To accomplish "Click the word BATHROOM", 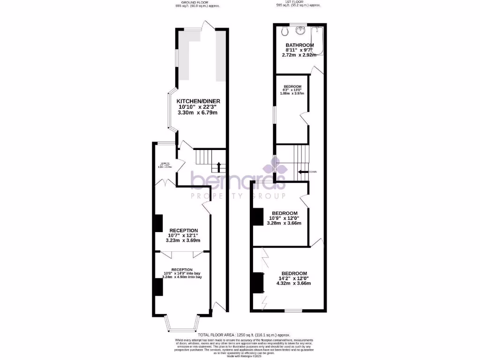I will click(x=300, y=45).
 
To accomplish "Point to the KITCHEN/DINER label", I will click(x=198, y=101).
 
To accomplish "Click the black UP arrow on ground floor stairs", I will click(x=219, y=166).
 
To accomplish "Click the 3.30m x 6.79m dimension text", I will click(x=198, y=112).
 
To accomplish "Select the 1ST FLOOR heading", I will click(x=297, y=2).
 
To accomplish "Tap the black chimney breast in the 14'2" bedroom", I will click(x=256, y=283).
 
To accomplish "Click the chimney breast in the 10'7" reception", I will click(x=158, y=223).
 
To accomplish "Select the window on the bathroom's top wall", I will click(x=298, y=24).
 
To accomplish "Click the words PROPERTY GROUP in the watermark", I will click(x=238, y=195).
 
